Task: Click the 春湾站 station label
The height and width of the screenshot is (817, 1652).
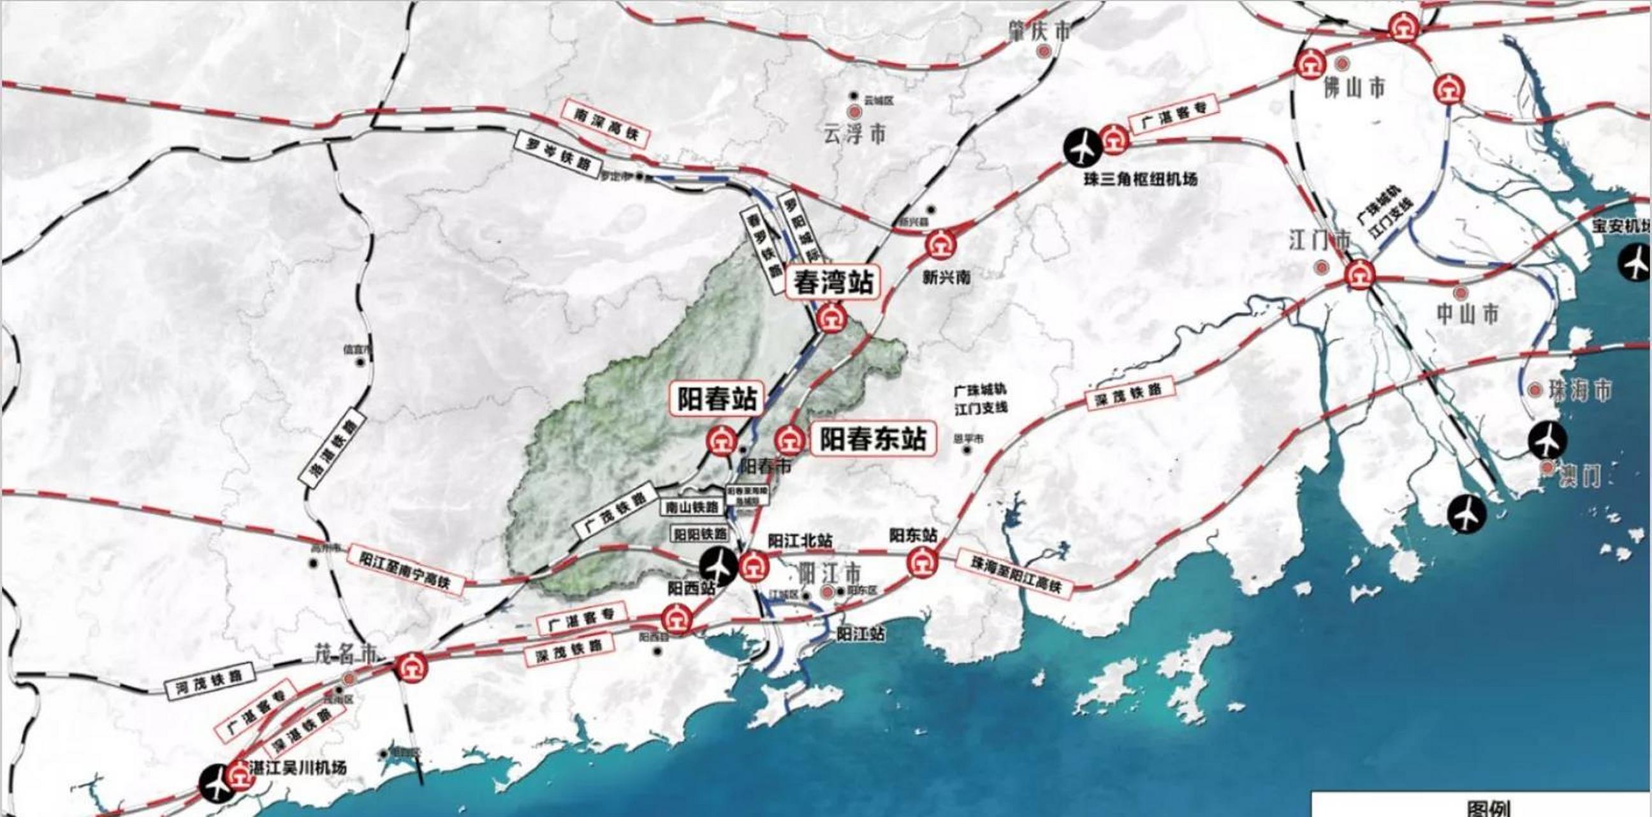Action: pyautogui.click(x=834, y=282)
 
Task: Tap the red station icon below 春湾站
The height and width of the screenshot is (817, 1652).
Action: pyautogui.click(x=831, y=319)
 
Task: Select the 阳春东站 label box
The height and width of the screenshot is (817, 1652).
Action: pyautogui.click(x=873, y=440)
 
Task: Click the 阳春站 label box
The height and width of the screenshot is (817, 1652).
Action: pyautogui.click(x=717, y=399)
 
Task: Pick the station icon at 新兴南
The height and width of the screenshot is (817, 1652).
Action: pyautogui.click(x=941, y=244)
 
